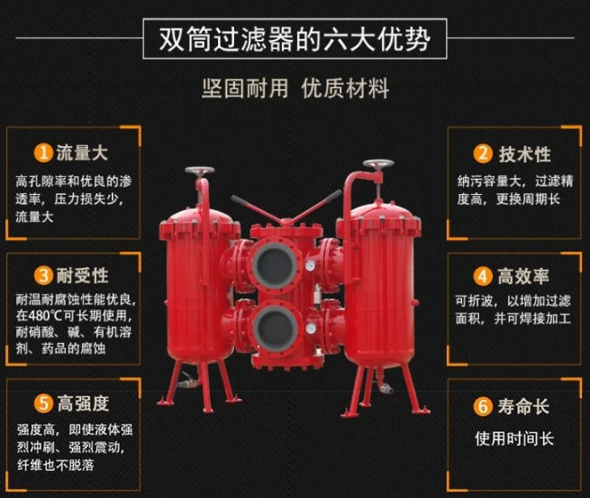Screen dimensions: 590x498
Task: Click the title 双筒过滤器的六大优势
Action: point(295,39)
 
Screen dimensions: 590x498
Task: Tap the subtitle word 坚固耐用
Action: point(245,88)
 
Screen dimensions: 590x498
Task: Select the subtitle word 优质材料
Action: point(345,88)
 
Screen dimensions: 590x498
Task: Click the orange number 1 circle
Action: point(43,153)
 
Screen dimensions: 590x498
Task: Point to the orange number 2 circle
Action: point(483,153)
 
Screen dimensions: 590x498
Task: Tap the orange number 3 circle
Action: point(43,275)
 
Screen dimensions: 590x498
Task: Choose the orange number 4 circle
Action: point(483,276)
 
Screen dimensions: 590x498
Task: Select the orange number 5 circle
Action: point(43,403)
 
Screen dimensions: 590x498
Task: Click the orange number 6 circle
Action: point(483,406)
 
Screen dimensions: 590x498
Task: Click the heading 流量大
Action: point(82,153)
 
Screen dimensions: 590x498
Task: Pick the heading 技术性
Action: point(524,154)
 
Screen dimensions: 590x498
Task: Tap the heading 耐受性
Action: point(82,275)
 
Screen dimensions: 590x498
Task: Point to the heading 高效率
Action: point(523,276)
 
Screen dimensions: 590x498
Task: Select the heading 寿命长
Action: point(523,406)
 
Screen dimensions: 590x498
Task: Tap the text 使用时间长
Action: point(514,438)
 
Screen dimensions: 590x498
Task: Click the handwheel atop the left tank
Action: point(199,171)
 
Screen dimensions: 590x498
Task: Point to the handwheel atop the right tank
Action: point(378,164)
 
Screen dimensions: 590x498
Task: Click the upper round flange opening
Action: point(274,263)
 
